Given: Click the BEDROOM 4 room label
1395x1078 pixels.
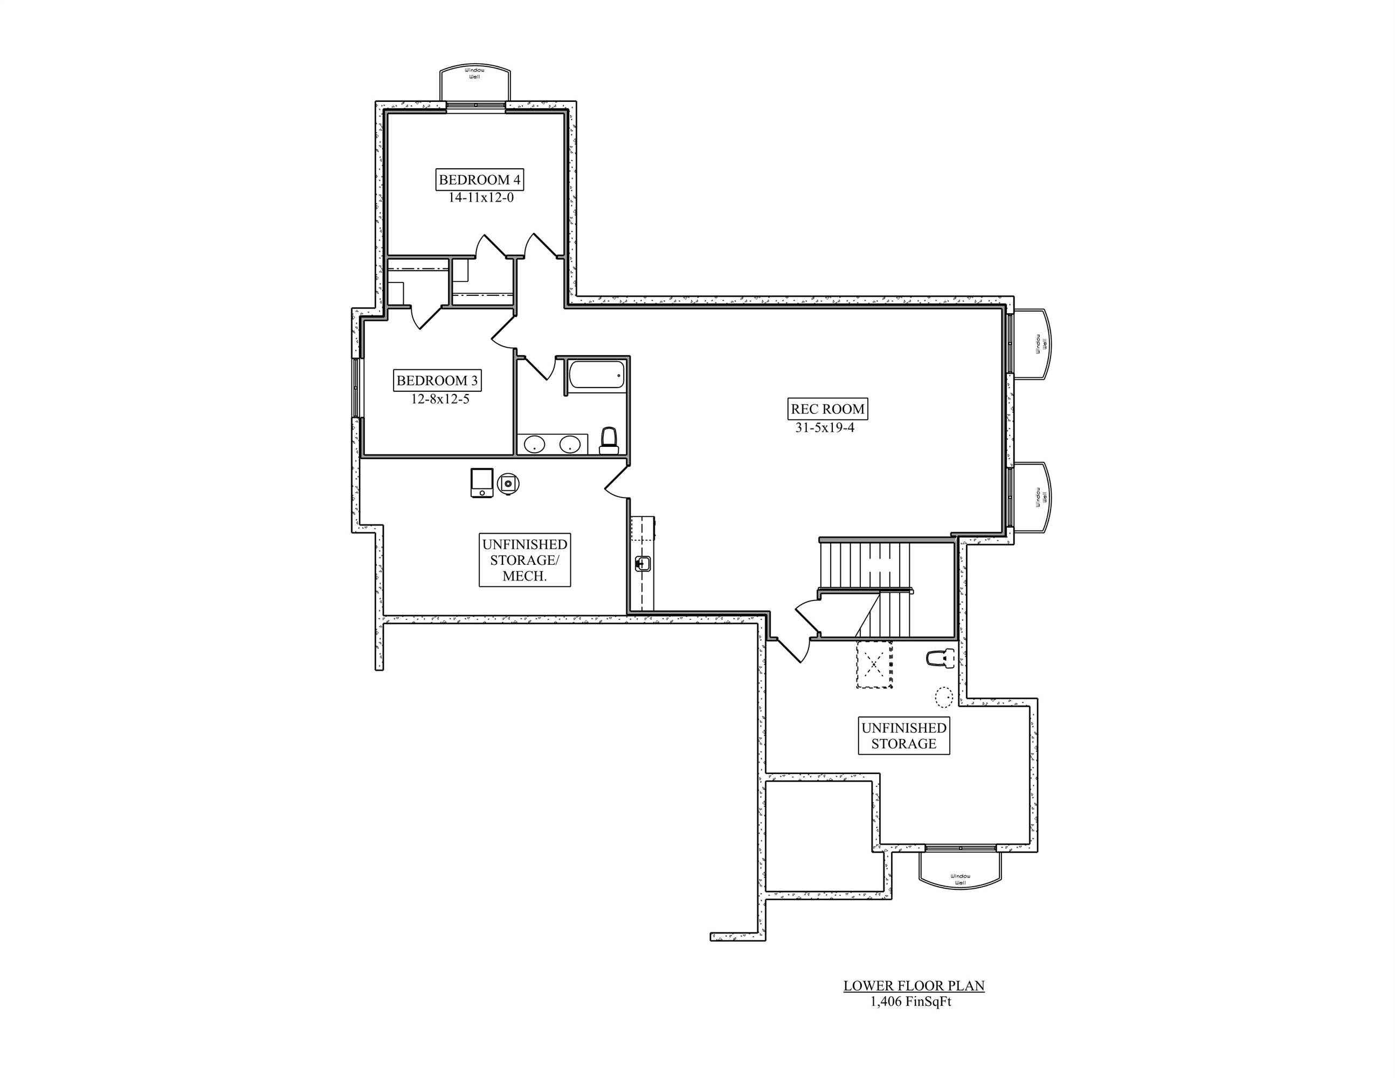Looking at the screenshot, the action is pyautogui.click(x=480, y=179).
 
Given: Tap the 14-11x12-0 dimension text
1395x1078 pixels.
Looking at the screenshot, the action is pyautogui.click(x=480, y=198).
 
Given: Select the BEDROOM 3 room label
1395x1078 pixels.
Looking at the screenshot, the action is pyautogui.click(x=437, y=381).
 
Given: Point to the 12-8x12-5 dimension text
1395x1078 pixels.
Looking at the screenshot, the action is pyautogui.click(x=440, y=400).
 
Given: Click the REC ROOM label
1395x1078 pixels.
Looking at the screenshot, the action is pyautogui.click(x=827, y=409).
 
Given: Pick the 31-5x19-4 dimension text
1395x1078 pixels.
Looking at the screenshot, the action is pyautogui.click(x=825, y=428).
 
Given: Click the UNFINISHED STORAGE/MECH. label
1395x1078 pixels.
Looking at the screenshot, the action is pyautogui.click(x=524, y=560).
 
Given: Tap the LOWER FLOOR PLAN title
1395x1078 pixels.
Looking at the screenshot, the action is pyautogui.click(x=914, y=985).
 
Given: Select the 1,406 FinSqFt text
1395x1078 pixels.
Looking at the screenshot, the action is pyautogui.click(x=910, y=1001).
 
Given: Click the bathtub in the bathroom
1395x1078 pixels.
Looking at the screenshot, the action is pyautogui.click(x=597, y=375).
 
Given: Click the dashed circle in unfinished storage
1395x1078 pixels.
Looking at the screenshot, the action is pyautogui.click(x=944, y=696).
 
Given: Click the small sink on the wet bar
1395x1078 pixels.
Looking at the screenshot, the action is pyautogui.click(x=643, y=564).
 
